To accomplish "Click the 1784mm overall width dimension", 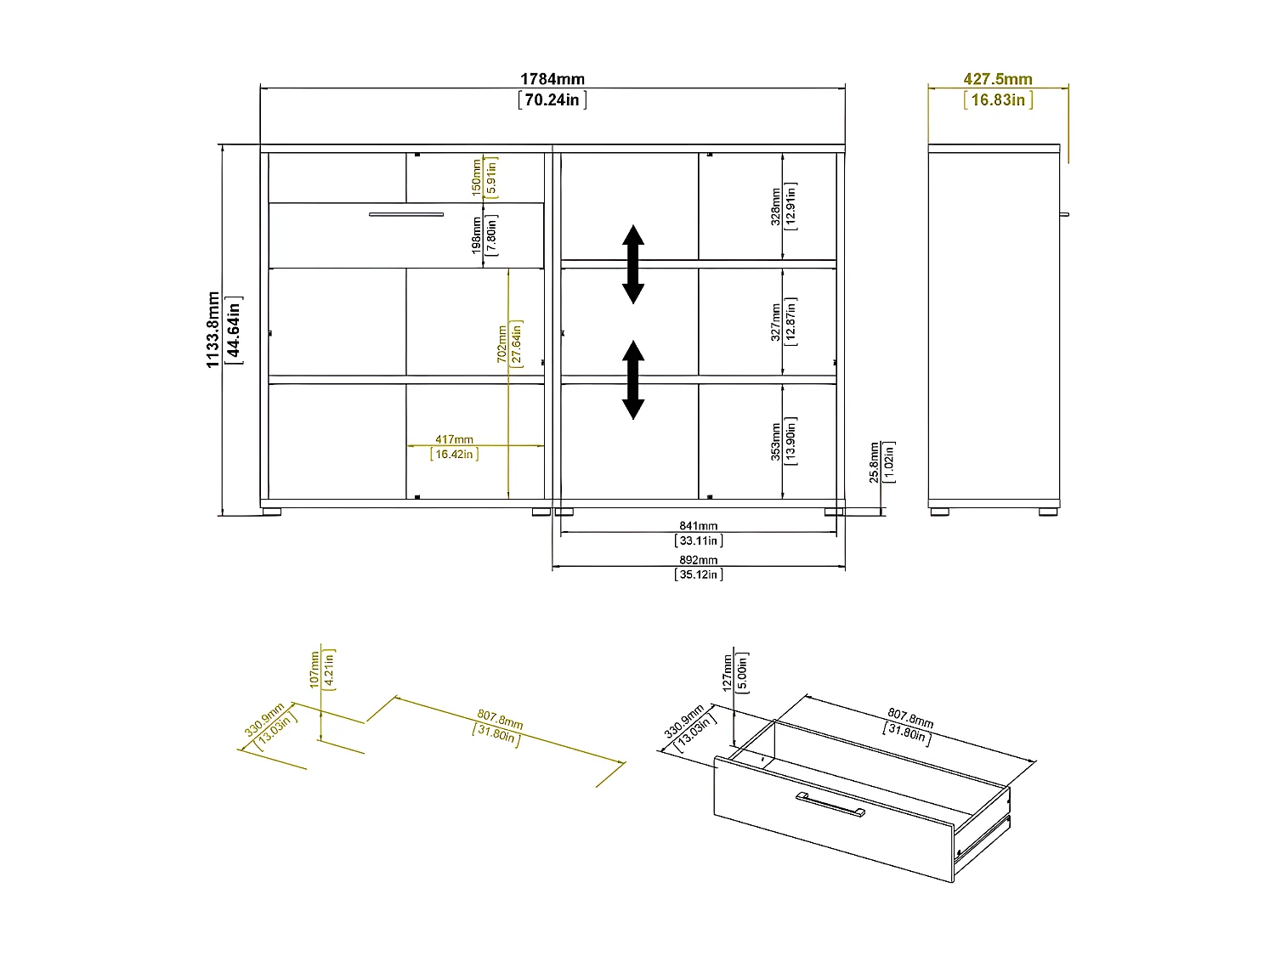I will tap(552, 79).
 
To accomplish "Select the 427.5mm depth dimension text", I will tap(998, 79).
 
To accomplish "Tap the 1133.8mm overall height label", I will tap(213, 330).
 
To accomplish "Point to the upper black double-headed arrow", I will tap(632, 264).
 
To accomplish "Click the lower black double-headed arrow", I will tap(632, 380).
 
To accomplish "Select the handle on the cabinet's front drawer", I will tap(406, 214).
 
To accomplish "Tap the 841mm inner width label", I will tap(698, 526).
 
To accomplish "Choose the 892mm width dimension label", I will tap(698, 560).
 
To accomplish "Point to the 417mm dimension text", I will tap(455, 439).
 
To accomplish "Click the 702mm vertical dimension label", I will tap(502, 343).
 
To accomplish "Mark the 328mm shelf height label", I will tap(775, 206).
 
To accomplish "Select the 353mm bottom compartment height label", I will tap(775, 442).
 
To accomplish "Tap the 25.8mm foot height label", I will tap(875, 462).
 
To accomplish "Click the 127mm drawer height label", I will tap(728, 672).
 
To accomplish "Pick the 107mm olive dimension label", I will tap(314, 669).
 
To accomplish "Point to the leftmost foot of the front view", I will tap(271, 512).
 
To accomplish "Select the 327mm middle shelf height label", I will tap(775, 322).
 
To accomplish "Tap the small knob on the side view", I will tap(1062, 214).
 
